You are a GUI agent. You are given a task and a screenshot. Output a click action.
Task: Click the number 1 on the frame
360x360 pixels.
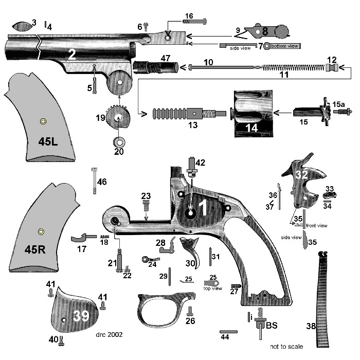(x=203, y=208)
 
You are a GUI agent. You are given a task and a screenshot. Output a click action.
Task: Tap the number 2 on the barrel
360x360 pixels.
(x=72, y=55)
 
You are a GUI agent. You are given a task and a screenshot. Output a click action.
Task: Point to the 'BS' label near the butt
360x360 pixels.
(x=272, y=326)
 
